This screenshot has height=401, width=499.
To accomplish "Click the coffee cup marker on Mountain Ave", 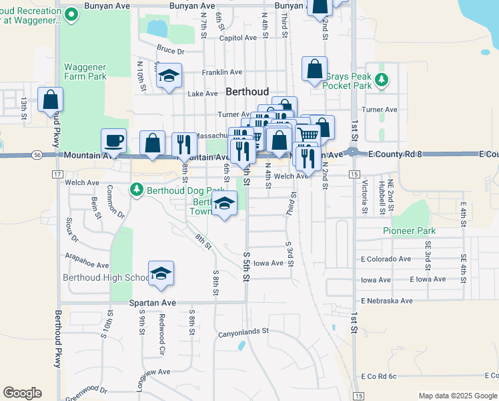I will (x=113, y=141).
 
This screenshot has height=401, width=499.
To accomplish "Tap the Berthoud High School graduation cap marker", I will (x=160, y=273).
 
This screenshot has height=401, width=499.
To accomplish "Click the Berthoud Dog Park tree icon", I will (x=137, y=190).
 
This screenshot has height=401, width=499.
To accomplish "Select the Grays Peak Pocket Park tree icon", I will (x=381, y=80).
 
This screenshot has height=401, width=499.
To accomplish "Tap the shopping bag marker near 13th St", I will (x=50, y=100).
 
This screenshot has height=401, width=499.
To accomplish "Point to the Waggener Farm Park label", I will (x=85, y=72).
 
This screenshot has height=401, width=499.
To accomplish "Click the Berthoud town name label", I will (x=247, y=92).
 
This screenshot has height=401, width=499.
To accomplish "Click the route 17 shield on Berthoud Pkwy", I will (x=57, y=175).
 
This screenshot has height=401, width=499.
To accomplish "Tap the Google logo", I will (x=22, y=392).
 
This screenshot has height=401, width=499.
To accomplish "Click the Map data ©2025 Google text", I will (x=458, y=396).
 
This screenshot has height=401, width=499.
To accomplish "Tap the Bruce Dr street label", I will (x=170, y=50).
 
